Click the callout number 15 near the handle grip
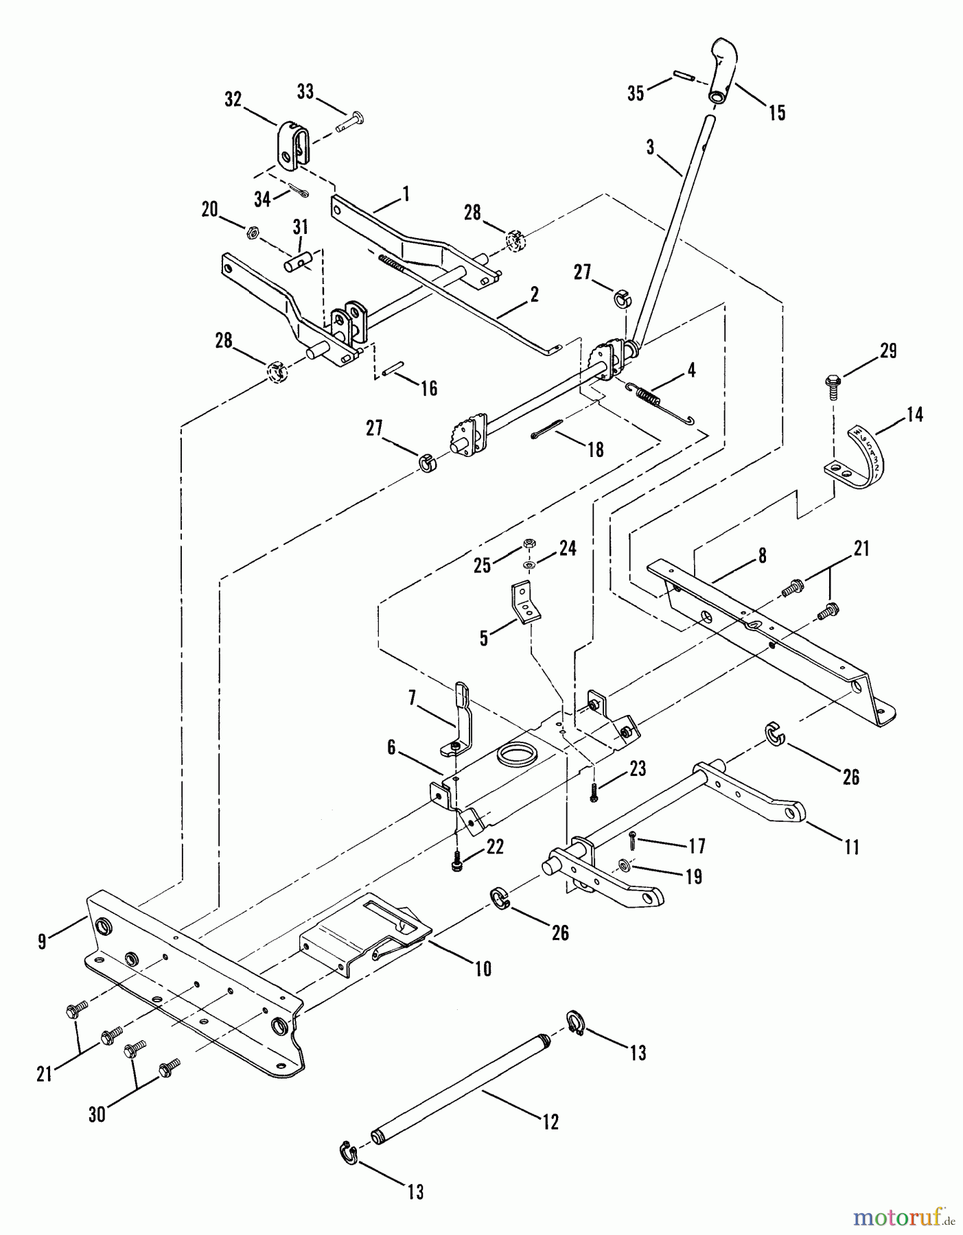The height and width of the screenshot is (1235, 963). pos(777,113)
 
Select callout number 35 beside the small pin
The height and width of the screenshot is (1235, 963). pos(636,93)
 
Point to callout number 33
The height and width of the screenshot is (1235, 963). pos(305,91)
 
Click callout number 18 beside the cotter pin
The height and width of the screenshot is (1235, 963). pos(595,449)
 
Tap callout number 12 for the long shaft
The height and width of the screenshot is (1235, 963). pos(550,1122)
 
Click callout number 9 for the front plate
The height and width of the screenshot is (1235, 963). pos(43,942)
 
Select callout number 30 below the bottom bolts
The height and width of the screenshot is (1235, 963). pos(97,1114)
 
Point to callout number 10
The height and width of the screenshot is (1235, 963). pos(483,968)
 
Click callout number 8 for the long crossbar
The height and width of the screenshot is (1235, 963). pos(763,555)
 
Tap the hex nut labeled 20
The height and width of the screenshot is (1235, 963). pos(252,233)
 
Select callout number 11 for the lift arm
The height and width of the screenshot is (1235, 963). pos(851,847)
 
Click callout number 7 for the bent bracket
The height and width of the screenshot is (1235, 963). pos(412,698)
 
